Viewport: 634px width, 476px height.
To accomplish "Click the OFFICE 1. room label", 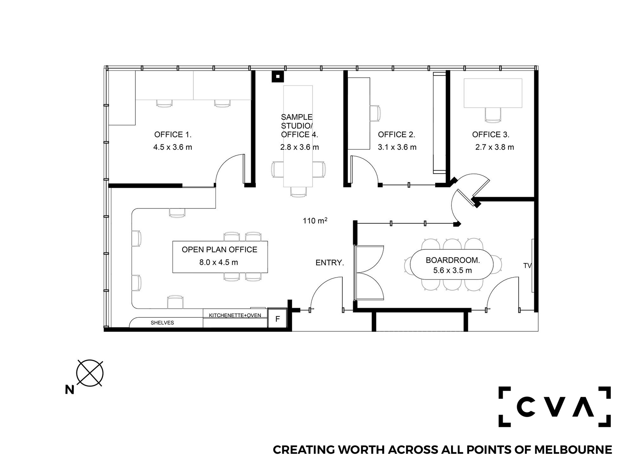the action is coord(173,135).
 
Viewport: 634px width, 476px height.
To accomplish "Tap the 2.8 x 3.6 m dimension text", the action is coord(299,147).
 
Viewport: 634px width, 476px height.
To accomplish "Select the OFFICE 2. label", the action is coord(396,135).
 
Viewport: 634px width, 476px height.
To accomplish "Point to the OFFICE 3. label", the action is coord(491,135).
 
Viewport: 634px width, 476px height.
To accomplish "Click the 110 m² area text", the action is coord(315,220).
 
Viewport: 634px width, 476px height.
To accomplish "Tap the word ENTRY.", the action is coord(330,263).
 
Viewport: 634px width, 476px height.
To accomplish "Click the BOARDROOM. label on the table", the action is coord(453,260).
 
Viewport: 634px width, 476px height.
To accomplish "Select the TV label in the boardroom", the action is coord(527,266).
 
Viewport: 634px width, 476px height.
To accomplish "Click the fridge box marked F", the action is coord(277,318).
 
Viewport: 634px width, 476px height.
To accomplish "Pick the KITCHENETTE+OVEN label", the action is coord(235,315).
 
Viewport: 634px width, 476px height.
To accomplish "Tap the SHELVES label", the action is coord(162,323).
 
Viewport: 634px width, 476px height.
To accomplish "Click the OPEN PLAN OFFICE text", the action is coord(219,250).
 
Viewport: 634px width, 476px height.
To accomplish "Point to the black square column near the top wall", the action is coord(278,76).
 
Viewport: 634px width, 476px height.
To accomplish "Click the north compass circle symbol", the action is coord(90,373).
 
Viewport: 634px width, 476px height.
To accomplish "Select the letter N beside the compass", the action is coord(70,390).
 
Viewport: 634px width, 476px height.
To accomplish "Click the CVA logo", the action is coord(554,407).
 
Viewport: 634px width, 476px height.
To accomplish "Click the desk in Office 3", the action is coord(493,93).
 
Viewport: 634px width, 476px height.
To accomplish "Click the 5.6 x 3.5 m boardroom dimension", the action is coord(452,270).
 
